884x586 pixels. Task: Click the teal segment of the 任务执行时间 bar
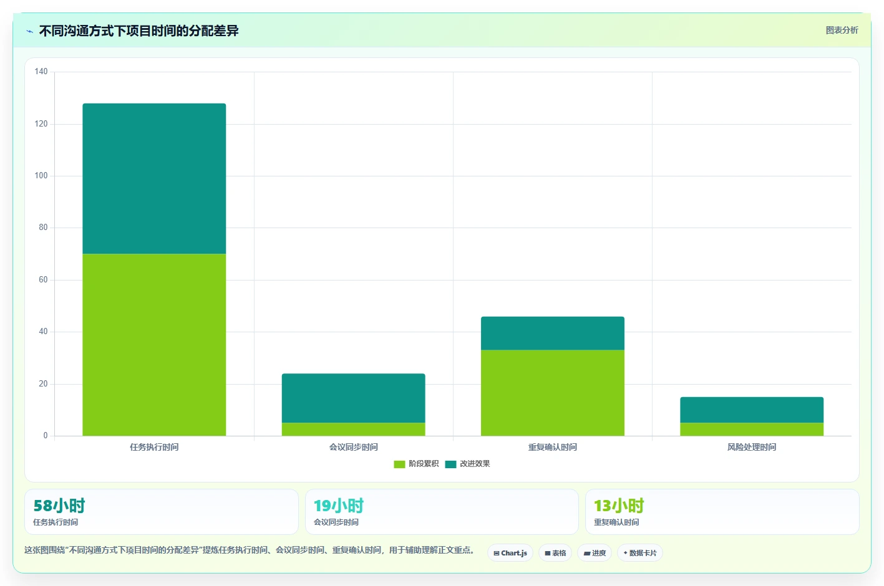point(154,179)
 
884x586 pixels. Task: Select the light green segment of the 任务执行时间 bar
point(154,345)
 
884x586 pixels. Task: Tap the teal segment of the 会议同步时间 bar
point(353,398)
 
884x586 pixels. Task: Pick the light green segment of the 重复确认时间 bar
point(553,393)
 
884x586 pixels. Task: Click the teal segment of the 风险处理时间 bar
point(752,410)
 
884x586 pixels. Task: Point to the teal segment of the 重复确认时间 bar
point(553,334)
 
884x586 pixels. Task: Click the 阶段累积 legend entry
point(416,464)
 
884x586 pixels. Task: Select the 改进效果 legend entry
point(467,464)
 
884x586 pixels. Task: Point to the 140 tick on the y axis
point(41,71)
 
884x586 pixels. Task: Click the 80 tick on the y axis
point(43,227)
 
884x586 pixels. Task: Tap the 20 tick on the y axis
point(43,383)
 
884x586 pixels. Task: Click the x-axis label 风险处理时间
point(752,447)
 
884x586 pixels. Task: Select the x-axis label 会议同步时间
point(353,447)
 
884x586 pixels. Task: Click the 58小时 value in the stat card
point(59,506)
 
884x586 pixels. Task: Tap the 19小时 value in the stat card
point(339,506)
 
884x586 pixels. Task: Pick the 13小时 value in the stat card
point(619,506)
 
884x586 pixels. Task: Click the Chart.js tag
point(510,553)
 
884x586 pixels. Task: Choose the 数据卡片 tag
point(639,553)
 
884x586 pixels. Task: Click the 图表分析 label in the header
point(842,31)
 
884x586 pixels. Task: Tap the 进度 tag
point(595,553)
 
